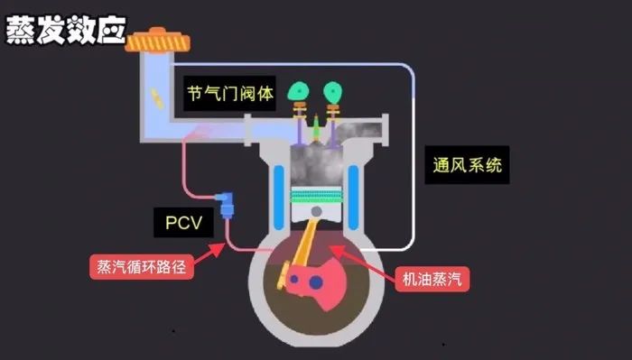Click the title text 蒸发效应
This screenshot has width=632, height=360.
(x=65, y=29)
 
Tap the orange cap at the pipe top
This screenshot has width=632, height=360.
(x=156, y=40)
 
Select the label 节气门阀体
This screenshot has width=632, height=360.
(x=230, y=93)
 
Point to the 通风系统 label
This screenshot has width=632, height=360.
(x=465, y=166)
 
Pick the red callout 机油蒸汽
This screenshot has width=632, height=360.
(x=432, y=279)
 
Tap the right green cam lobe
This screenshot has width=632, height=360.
(x=335, y=91)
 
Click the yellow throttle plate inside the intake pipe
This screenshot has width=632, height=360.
(x=159, y=97)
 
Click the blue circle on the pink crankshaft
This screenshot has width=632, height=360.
(x=315, y=284)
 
